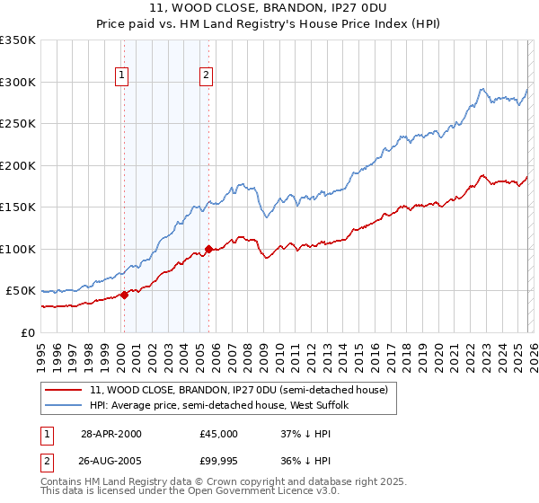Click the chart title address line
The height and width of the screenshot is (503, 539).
[269, 8]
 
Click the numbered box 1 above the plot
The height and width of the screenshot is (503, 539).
[122, 75]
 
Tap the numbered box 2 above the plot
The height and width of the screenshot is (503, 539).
[207, 75]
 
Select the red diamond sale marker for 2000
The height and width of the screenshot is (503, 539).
[124, 296]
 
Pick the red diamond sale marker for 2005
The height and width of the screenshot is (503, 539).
[208, 249]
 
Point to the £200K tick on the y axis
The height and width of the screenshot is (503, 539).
[18, 165]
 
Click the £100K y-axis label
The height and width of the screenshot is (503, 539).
[18, 249]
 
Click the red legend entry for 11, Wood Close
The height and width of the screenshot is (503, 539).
[238, 390]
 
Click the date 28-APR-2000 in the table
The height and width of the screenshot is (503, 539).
[111, 433]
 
